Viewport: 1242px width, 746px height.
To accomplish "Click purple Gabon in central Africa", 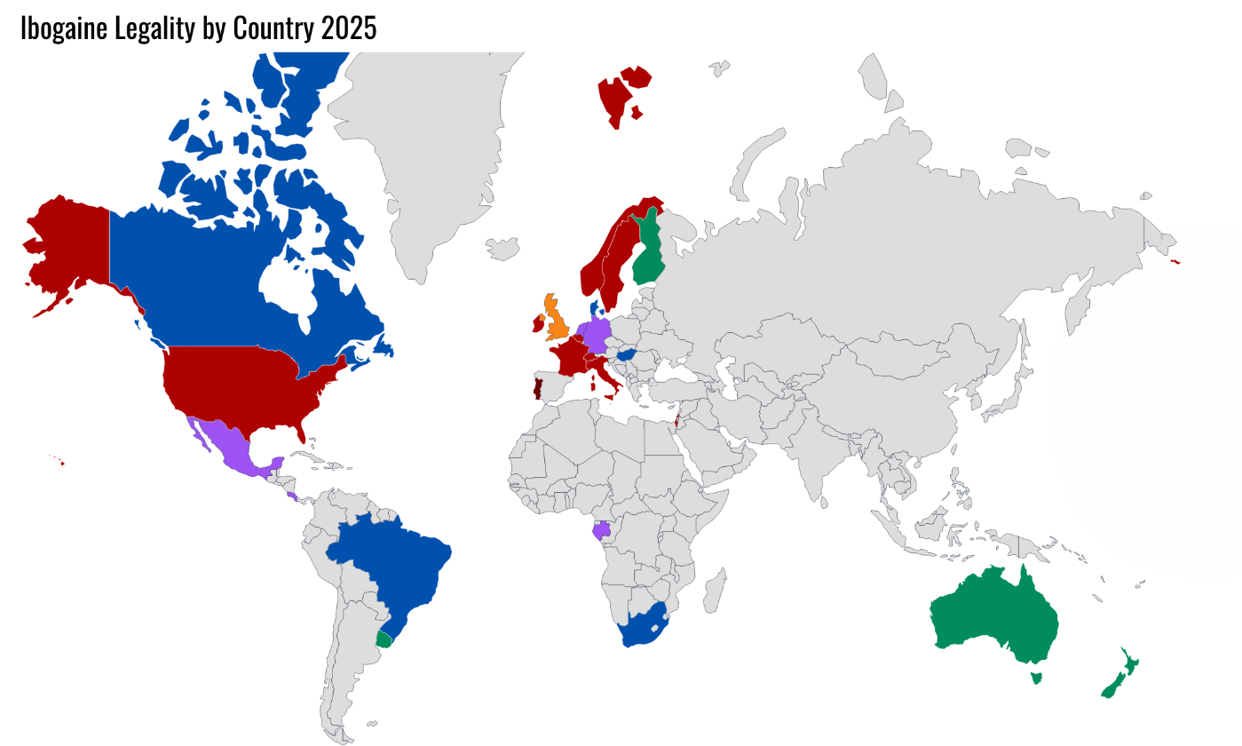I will click(601, 530).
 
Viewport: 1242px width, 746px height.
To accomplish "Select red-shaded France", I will click(568, 359).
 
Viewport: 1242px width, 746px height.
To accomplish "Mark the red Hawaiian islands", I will click(61, 462).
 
